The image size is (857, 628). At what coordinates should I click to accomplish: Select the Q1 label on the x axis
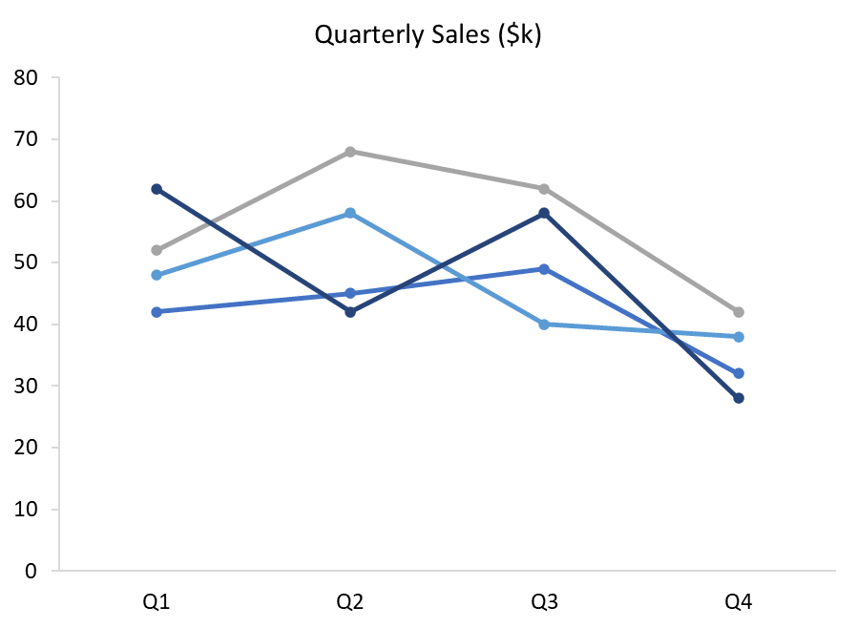[157, 601]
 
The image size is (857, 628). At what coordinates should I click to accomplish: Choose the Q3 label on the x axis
[544, 601]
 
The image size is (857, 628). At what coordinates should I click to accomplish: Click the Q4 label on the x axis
[738, 601]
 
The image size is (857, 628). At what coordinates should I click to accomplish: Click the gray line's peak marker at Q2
[350, 152]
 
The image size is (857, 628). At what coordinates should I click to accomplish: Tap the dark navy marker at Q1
[157, 189]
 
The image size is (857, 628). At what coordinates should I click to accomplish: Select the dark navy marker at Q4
[738, 398]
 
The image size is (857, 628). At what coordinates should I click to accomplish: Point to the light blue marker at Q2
[350, 213]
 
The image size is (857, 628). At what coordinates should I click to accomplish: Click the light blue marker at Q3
[544, 324]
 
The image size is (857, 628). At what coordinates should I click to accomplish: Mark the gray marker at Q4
[738, 312]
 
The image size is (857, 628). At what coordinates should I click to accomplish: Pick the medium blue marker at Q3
[544, 269]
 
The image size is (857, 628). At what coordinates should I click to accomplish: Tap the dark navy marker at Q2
[350, 312]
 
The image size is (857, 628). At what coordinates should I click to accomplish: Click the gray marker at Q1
[157, 250]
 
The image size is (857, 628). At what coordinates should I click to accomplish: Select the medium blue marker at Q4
[738, 373]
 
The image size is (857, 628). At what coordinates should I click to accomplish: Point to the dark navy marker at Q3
[544, 213]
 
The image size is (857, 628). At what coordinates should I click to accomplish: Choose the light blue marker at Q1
[157, 275]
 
